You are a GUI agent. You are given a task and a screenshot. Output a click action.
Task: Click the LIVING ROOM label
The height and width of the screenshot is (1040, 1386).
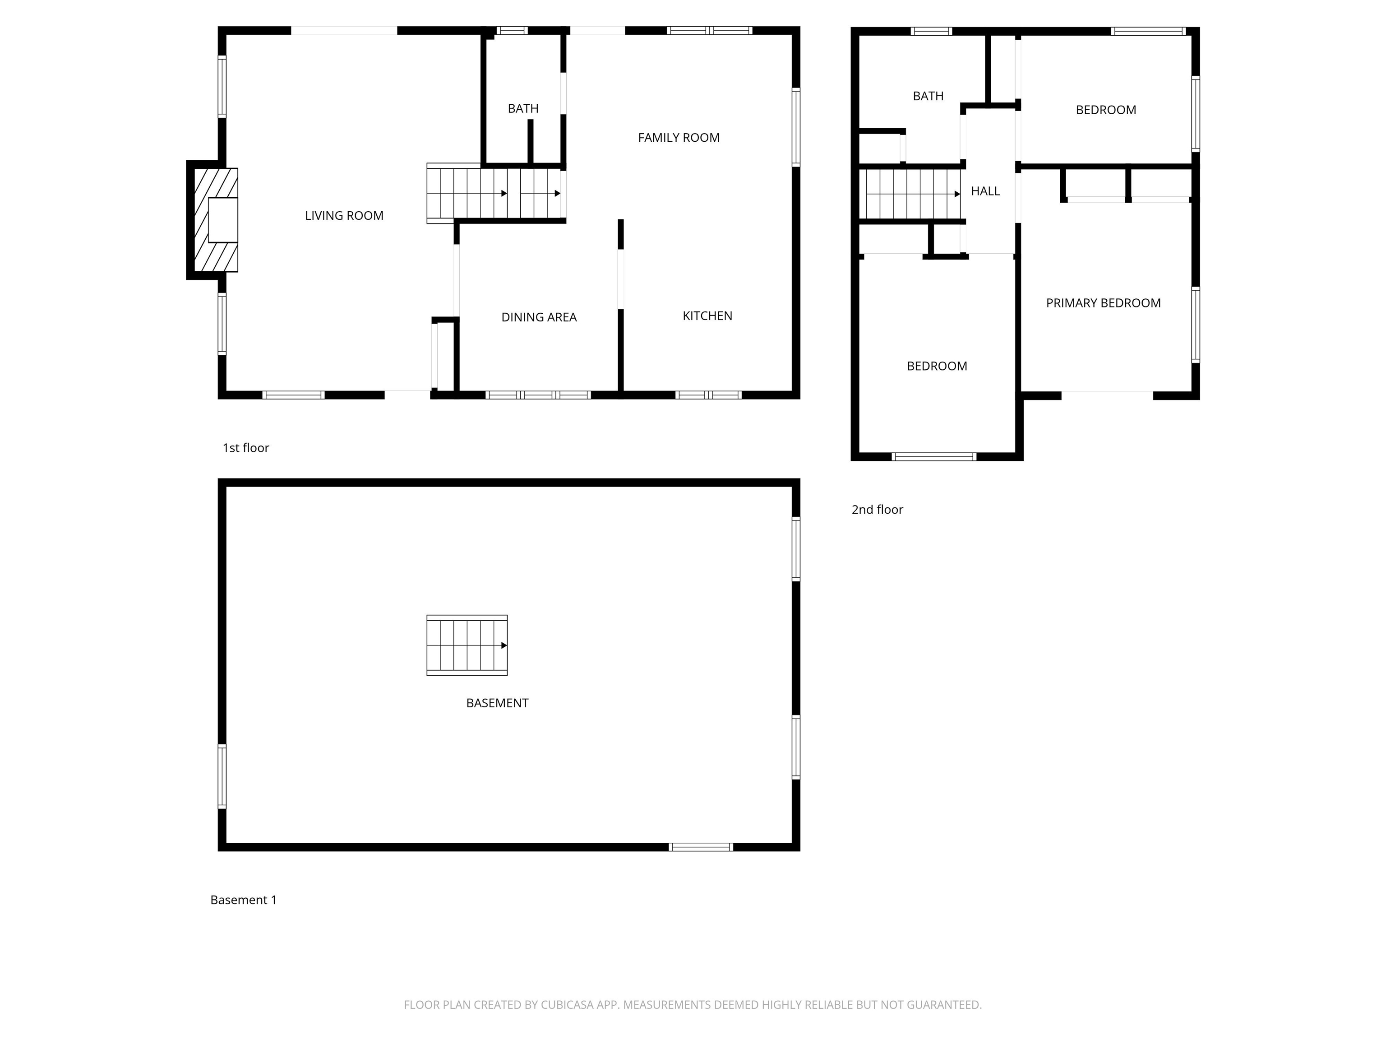344,216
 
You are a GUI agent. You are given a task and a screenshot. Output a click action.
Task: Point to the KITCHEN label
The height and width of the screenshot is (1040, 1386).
707,316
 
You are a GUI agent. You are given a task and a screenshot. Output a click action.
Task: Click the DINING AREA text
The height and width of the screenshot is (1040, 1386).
539,317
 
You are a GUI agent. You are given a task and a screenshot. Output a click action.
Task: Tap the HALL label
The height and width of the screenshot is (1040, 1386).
985,191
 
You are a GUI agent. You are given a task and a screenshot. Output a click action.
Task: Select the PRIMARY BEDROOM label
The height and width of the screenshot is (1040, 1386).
1103,303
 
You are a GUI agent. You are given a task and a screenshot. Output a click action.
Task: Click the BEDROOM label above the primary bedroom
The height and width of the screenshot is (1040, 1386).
1105,110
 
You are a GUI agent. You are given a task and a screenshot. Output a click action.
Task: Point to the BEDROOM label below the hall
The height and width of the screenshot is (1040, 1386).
937,366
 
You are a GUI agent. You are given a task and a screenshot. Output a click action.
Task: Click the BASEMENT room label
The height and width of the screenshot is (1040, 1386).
497,703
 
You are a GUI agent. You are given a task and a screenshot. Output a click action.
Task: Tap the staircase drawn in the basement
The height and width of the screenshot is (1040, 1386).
467,645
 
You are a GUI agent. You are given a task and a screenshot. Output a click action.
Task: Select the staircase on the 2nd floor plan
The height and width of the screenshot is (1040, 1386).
910,195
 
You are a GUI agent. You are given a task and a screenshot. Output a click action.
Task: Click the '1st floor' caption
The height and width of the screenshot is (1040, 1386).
245,448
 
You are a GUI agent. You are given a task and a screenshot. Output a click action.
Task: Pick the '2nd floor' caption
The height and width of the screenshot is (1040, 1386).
877,510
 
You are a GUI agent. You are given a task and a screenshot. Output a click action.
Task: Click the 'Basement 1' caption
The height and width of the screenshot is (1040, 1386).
243,900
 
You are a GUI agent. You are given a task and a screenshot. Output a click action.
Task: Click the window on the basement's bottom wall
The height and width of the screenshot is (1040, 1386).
701,847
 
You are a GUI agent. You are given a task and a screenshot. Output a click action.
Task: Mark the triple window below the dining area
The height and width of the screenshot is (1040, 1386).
538,395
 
